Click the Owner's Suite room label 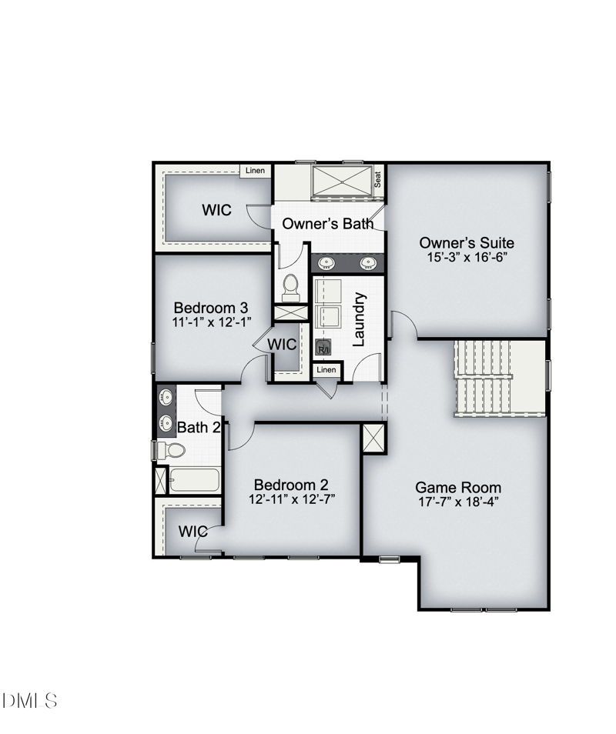(467, 243)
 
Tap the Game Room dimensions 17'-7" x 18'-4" (458, 502)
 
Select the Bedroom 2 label (291, 485)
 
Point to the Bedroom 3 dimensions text (212, 322)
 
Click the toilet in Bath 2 (172, 450)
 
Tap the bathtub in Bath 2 (194, 480)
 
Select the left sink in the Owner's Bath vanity (326, 263)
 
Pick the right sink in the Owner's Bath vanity (369, 263)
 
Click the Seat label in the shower (377, 179)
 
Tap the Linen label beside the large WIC (256, 170)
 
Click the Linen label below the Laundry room (326, 370)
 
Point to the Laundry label (358, 319)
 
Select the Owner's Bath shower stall (343, 182)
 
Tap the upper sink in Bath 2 (166, 398)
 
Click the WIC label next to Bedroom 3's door (282, 345)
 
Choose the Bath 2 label (199, 427)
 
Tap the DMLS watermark (30, 701)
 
